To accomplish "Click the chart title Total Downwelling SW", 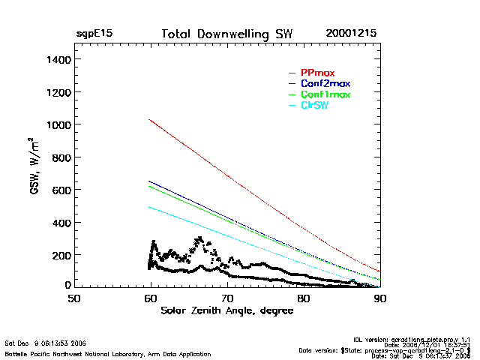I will click(227, 34).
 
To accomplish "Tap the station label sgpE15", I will click(95, 34).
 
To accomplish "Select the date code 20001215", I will click(352, 34).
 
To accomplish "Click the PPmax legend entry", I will click(314, 72).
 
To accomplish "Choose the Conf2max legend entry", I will click(325, 83).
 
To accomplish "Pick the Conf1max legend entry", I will click(325, 94).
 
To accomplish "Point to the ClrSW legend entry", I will click(314, 106).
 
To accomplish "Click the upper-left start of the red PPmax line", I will click(150, 119).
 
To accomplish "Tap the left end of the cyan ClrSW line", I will click(150, 207).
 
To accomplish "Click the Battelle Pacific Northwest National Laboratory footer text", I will click(108, 353).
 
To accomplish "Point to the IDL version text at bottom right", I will click(423, 339).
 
